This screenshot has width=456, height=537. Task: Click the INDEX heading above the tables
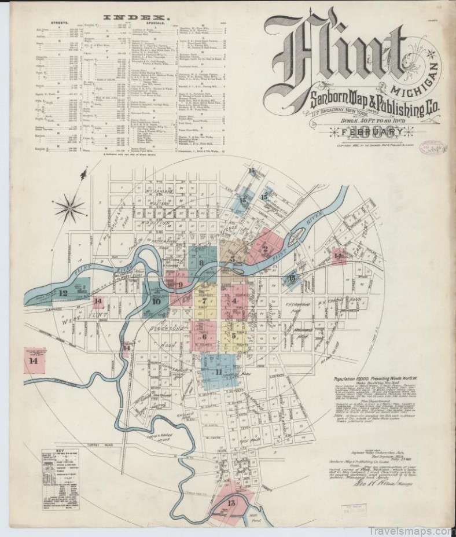click(128, 17)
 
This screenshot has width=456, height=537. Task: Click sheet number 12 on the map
click(63, 293)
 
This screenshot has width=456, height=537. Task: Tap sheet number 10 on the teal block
click(156, 301)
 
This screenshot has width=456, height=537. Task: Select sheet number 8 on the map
click(201, 263)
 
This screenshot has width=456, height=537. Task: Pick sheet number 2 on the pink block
click(266, 250)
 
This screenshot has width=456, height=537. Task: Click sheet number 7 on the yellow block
click(205, 301)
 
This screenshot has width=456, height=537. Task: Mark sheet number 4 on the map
click(236, 301)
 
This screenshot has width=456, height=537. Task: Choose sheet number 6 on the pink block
click(204, 337)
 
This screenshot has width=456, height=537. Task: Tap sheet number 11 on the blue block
click(219, 372)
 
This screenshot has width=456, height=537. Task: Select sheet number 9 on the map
click(180, 284)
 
